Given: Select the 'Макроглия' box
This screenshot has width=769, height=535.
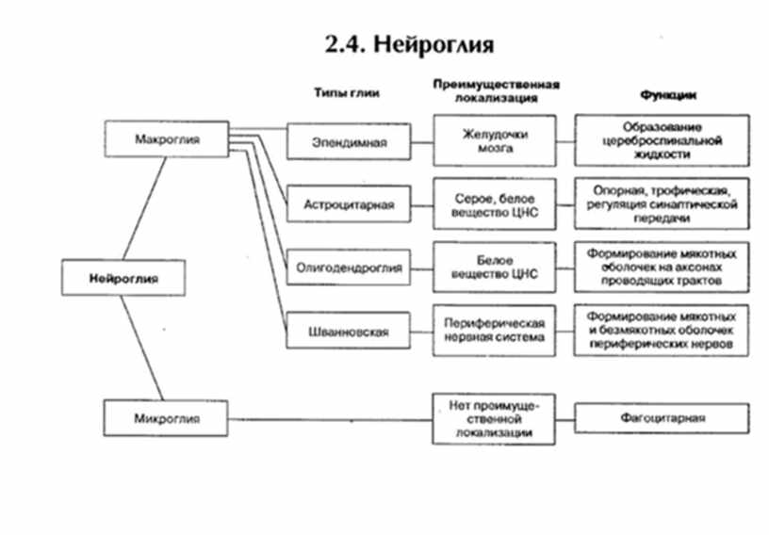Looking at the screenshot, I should click(x=168, y=139).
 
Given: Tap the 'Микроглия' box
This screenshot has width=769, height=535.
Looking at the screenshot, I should click(x=167, y=416).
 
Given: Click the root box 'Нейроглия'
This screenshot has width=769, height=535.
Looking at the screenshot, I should click(x=123, y=279).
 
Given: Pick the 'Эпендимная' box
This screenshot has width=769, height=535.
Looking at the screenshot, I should click(x=351, y=143).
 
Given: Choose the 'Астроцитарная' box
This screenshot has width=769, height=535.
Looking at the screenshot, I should click(x=351, y=203).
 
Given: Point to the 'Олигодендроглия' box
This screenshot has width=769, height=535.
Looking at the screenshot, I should click(x=351, y=267).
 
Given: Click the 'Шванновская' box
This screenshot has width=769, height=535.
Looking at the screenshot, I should click(x=351, y=332).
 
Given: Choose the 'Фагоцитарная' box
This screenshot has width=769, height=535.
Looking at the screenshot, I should click(x=663, y=417).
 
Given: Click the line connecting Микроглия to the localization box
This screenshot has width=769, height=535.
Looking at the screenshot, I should click(x=330, y=417).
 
